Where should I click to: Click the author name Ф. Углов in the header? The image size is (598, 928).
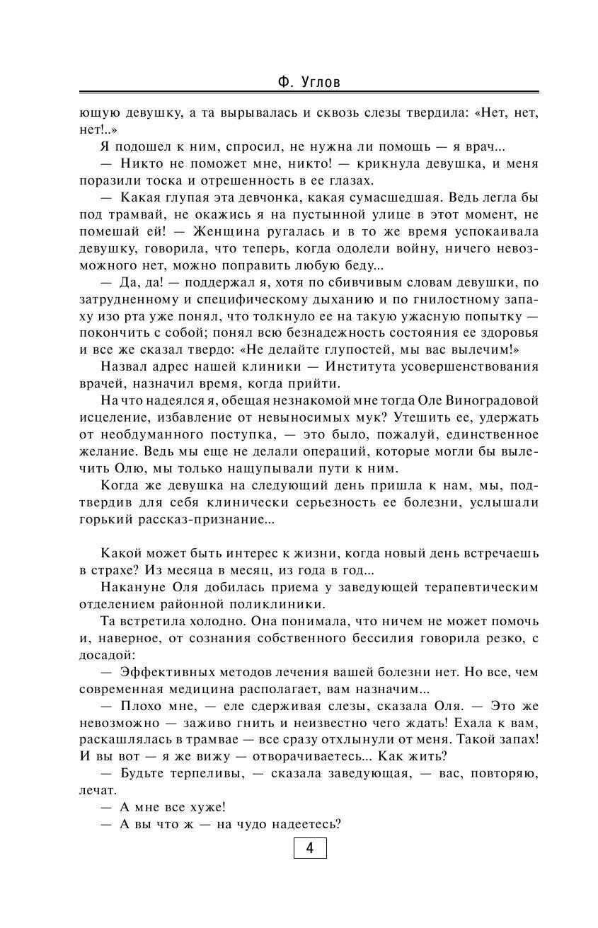pos(309,83)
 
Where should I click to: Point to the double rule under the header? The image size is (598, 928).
pos(309,93)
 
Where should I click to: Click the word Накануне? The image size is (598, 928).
pos(133,587)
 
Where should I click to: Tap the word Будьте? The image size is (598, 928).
pos(149,774)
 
